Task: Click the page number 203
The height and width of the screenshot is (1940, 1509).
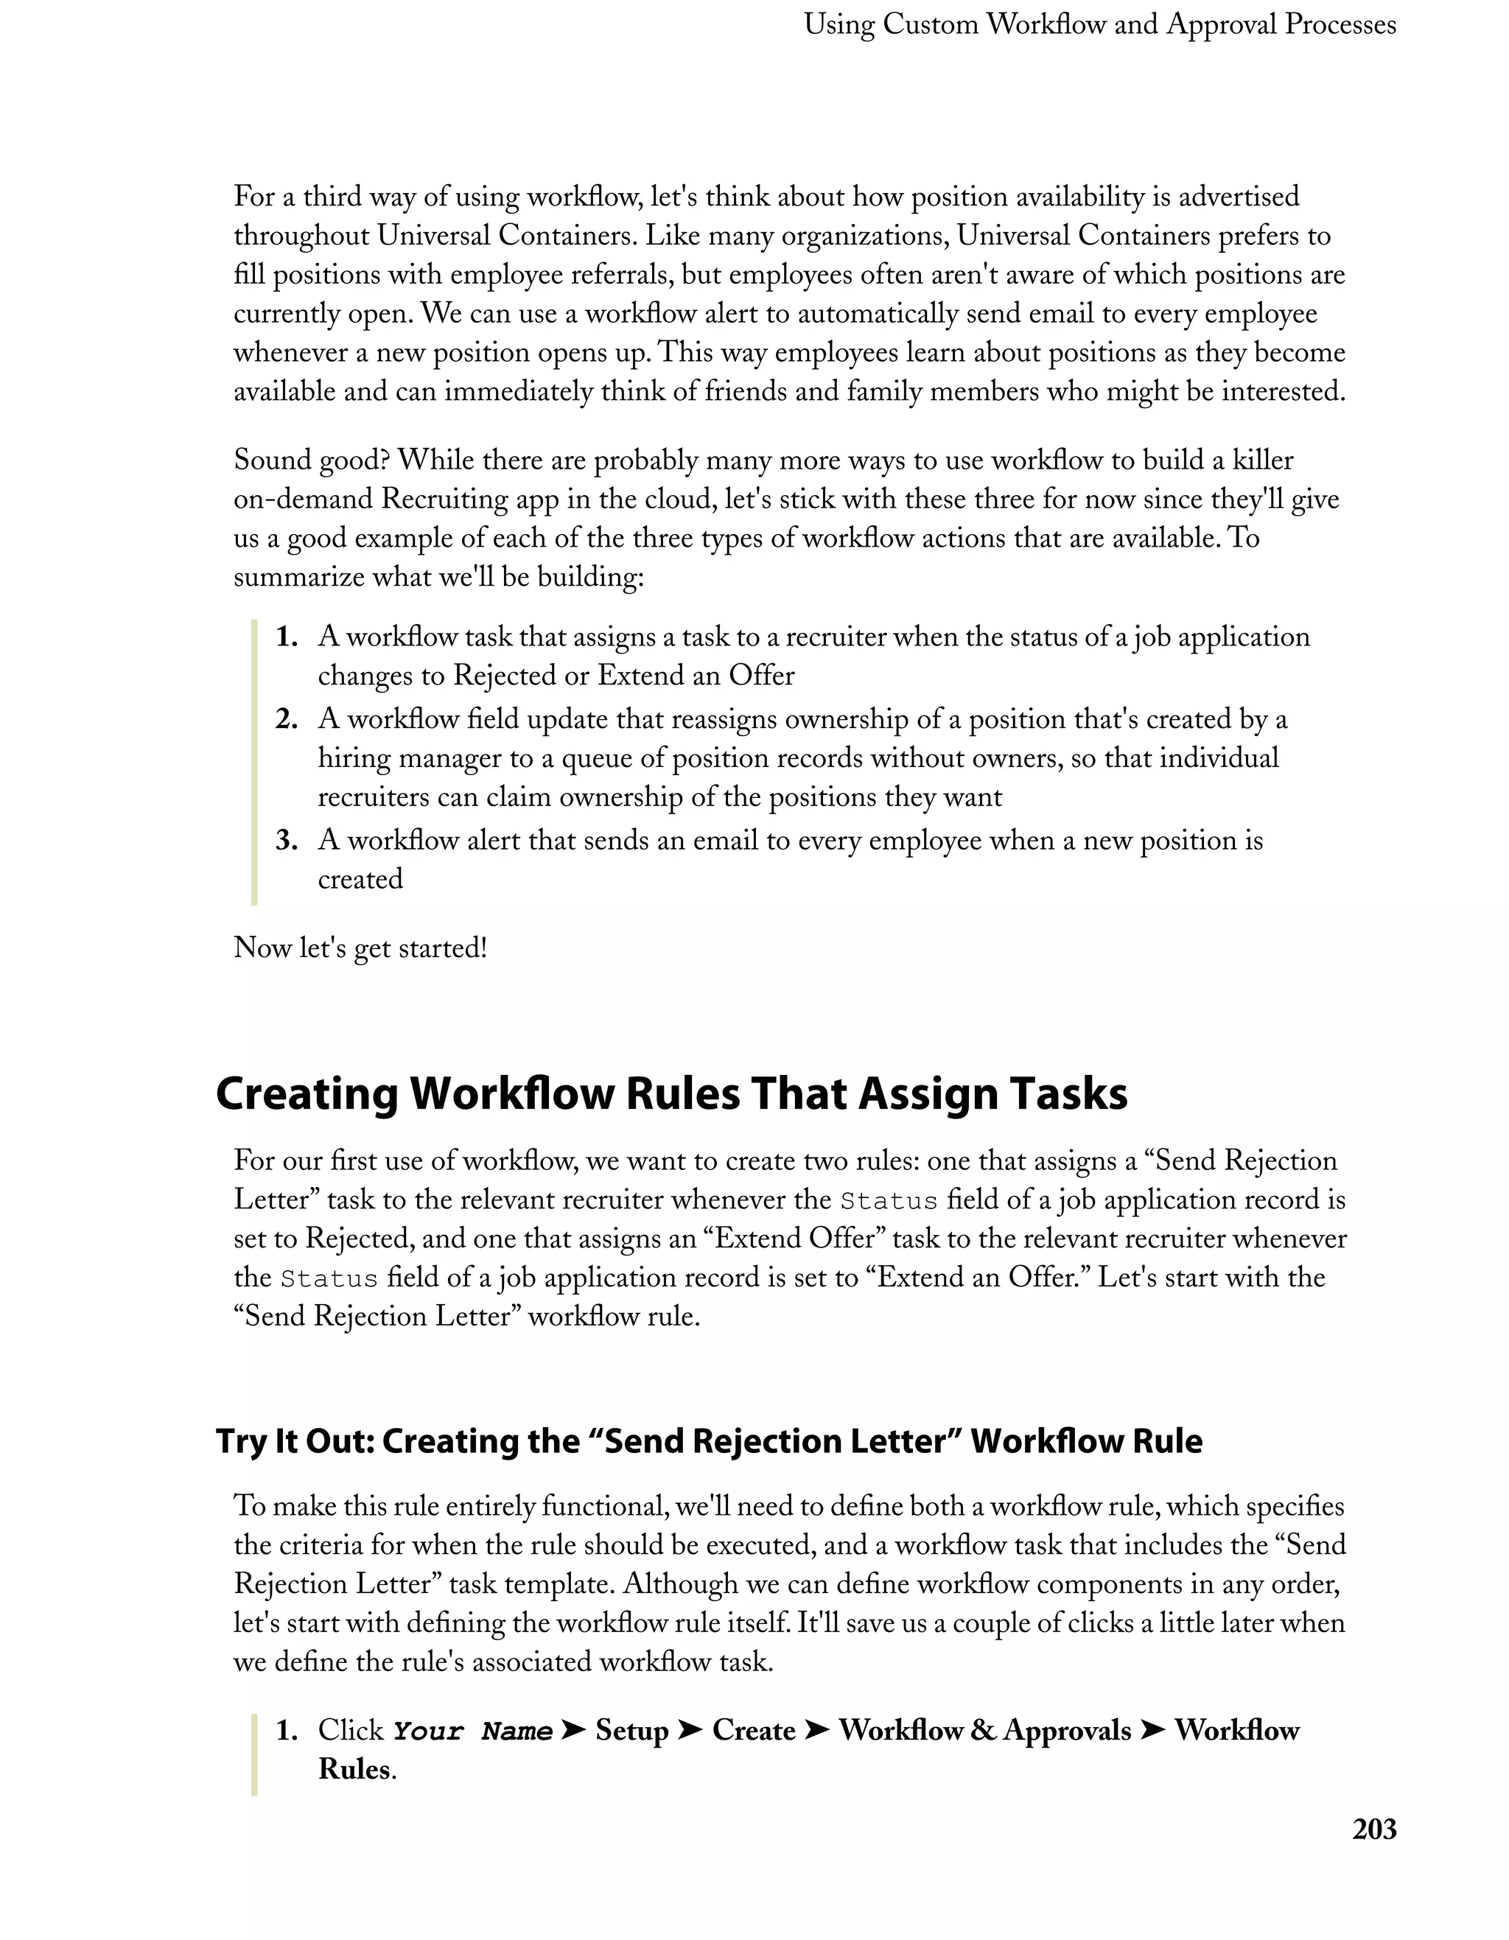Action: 1373,1829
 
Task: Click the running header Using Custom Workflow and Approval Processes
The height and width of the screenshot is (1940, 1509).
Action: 1099,25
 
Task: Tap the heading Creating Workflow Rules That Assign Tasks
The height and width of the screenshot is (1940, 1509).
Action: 671,1093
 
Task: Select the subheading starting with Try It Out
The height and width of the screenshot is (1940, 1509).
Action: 708,1440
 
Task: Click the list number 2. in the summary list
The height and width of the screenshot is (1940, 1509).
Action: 286,720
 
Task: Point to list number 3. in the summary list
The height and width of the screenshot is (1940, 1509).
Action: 286,840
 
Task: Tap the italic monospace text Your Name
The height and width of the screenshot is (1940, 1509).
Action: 472,1731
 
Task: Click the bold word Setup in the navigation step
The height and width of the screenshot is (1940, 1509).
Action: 631,1730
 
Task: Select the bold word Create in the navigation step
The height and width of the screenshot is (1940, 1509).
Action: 753,1730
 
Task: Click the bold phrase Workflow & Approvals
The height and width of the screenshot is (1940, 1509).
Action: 984,1730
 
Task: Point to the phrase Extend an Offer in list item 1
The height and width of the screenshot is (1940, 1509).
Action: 696,676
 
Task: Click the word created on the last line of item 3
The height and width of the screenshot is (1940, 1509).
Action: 360,880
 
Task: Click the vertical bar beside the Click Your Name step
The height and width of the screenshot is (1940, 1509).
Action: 254,1751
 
